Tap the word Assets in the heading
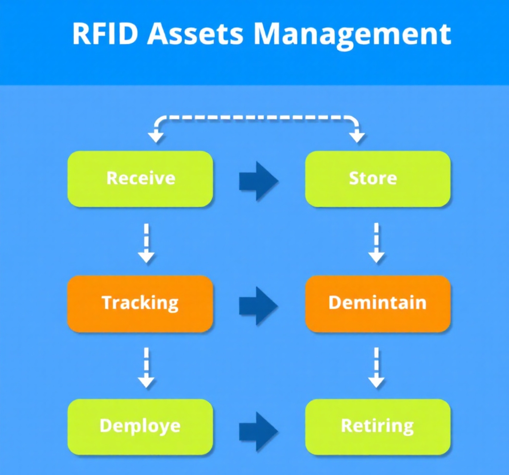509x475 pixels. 195,33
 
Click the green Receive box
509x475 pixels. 140,179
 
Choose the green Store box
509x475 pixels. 378,179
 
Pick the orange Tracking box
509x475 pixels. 140,303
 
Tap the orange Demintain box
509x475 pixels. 378,303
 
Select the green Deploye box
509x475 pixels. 140,427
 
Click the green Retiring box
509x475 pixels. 378,427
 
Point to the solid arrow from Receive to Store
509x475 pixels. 259,181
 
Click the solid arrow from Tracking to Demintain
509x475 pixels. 259,306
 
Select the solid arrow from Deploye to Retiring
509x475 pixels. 259,431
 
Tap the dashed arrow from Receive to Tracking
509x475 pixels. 146,242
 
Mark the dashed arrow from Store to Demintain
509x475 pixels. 376,242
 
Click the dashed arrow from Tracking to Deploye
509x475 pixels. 146,368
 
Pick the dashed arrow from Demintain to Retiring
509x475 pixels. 376,368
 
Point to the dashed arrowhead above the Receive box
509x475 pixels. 155,136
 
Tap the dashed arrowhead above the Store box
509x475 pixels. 357,136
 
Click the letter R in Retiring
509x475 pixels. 347,426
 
